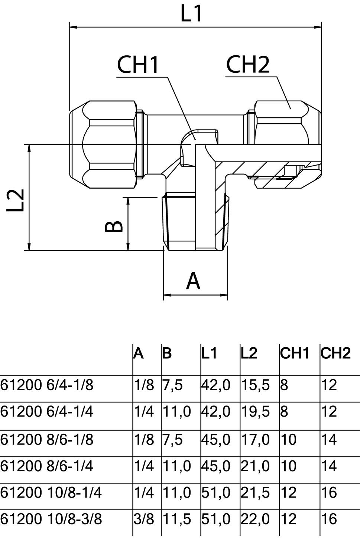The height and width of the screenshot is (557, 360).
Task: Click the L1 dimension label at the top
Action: click(192, 14)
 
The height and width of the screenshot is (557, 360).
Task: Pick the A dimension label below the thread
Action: click(193, 281)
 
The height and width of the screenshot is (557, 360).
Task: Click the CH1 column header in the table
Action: click(295, 354)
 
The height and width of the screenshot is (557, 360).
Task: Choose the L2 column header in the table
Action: click(249, 354)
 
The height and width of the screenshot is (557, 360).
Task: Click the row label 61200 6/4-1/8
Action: click(47, 385)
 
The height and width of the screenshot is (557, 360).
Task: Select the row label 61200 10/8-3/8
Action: click(51, 519)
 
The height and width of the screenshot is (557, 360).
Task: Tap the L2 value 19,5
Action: click(255, 412)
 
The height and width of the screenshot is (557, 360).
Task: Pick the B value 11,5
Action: click(176, 519)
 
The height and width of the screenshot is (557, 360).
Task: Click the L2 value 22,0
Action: click(255, 519)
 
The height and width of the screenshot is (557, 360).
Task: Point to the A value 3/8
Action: click(144, 519)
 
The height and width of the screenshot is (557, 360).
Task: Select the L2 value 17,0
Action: click(255, 440)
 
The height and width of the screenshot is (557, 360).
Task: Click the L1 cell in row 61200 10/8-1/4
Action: click(216, 493)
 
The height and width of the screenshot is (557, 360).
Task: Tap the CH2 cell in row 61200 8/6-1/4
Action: click(329, 466)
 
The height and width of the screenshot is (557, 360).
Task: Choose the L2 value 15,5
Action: click(255, 385)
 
